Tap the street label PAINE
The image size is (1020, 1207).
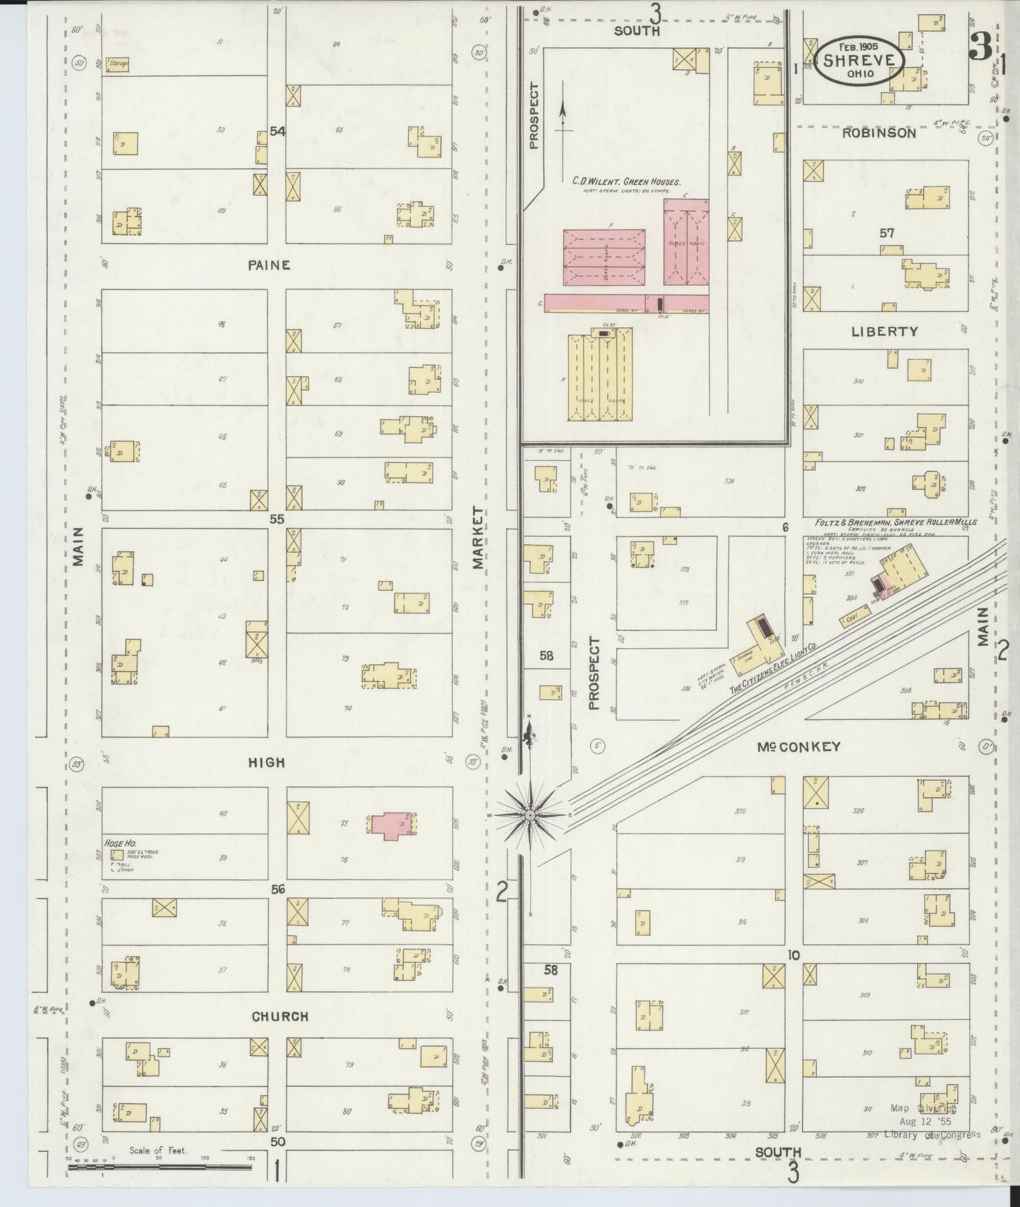[x=269, y=265]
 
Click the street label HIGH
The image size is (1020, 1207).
[x=267, y=762]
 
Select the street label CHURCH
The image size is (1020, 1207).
[x=280, y=1016]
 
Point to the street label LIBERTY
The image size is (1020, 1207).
[x=884, y=331]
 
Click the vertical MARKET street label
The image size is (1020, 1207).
[x=479, y=537]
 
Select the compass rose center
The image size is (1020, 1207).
[x=530, y=815]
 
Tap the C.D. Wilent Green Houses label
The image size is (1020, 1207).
[x=626, y=182]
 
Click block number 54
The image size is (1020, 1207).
[x=277, y=131]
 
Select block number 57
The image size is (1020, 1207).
[x=887, y=232]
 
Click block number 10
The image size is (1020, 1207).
[x=793, y=956]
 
